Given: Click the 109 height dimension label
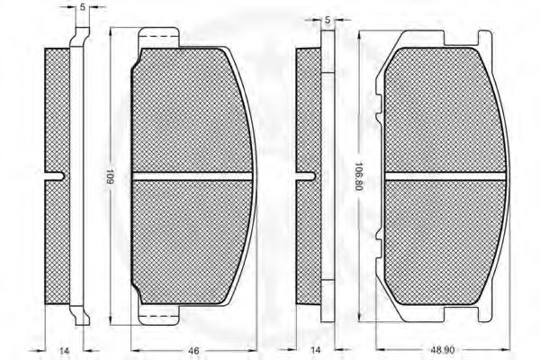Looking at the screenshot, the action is click(111, 176).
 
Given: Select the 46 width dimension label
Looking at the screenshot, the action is click(193, 351).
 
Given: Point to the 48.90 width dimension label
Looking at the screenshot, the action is click(442, 350).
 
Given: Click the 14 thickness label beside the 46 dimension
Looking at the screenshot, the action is click(64, 351).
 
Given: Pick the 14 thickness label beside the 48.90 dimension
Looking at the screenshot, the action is click(315, 350).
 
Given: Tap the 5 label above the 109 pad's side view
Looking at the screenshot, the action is click(82, 7).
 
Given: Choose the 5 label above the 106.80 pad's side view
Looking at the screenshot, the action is click(328, 21).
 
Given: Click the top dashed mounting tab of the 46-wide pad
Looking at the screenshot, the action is click(158, 37).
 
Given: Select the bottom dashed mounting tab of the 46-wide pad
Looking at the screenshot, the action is click(158, 314).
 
